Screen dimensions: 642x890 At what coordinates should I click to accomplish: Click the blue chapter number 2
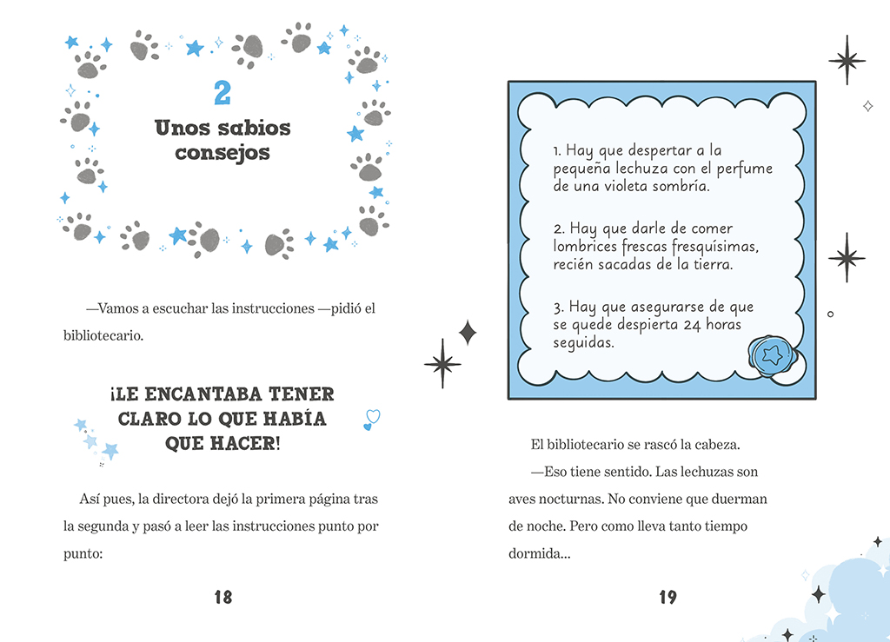(x=222, y=92)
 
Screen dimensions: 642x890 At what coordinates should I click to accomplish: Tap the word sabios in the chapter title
(x=246, y=129)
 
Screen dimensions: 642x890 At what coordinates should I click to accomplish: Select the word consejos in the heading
(x=222, y=154)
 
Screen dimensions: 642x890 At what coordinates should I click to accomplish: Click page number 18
(x=222, y=597)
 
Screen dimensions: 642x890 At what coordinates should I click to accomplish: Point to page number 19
(x=667, y=597)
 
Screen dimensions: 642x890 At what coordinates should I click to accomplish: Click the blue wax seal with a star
(x=771, y=354)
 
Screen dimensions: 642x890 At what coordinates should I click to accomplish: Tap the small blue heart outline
(x=371, y=420)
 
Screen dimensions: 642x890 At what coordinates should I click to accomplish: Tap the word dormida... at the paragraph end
(x=539, y=553)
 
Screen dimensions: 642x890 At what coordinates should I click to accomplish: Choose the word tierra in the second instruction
(x=711, y=264)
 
